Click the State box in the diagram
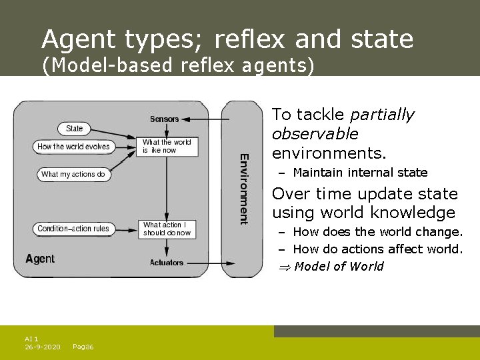(x=75, y=129)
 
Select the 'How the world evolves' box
(x=73, y=147)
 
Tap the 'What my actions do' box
(x=73, y=174)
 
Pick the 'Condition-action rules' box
(x=73, y=229)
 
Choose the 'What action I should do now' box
(x=167, y=229)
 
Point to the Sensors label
(x=165, y=119)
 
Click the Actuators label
(x=167, y=263)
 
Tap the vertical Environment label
(x=245, y=189)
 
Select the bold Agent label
(x=40, y=258)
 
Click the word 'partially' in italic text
(x=381, y=115)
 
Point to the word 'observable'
(x=315, y=134)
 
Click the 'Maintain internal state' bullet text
(x=360, y=173)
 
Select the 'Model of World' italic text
(x=339, y=267)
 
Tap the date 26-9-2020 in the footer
(x=42, y=347)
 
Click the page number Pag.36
(x=83, y=347)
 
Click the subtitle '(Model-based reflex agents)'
(x=178, y=66)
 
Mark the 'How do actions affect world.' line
(x=377, y=249)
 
